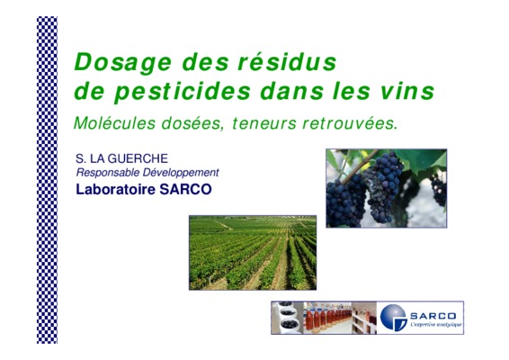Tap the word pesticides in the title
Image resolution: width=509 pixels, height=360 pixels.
(x=183, y=92)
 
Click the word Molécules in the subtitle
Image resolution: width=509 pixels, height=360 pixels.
(x=114, y=123)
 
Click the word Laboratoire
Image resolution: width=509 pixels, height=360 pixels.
(x=116, y=189)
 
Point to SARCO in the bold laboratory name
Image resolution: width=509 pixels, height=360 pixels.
(x=185, y=189)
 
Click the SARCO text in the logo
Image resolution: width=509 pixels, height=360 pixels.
(x=433, y=316)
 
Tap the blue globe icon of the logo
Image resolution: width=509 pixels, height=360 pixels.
(x=393, y=318)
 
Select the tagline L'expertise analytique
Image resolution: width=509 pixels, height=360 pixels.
(x=436, y=325)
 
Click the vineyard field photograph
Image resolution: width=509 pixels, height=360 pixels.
(x=253, y=253)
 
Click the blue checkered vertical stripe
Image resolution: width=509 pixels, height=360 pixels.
(x=47, y=180)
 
